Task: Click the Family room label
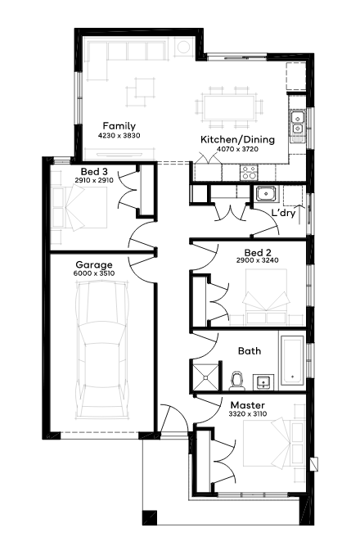[119, 126]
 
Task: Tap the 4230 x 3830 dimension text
[119, 135]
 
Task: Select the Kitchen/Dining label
[237, 139]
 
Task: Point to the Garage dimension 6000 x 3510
[94, 273]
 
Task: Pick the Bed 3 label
[94, 172]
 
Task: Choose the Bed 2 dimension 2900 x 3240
[258, 260]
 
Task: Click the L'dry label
[283, 213]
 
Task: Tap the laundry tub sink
[267, 194]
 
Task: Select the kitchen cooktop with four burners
[249, 173]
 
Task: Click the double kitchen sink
[298, 122]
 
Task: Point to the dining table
[230, 107]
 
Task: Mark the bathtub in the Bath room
[292, 360]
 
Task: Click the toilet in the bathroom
[236, 380]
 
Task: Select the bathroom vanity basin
[263, 382]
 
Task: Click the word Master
[248, 405]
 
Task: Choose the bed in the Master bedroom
[274, 443]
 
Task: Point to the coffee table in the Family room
[141, 92]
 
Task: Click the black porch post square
[150, 517]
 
